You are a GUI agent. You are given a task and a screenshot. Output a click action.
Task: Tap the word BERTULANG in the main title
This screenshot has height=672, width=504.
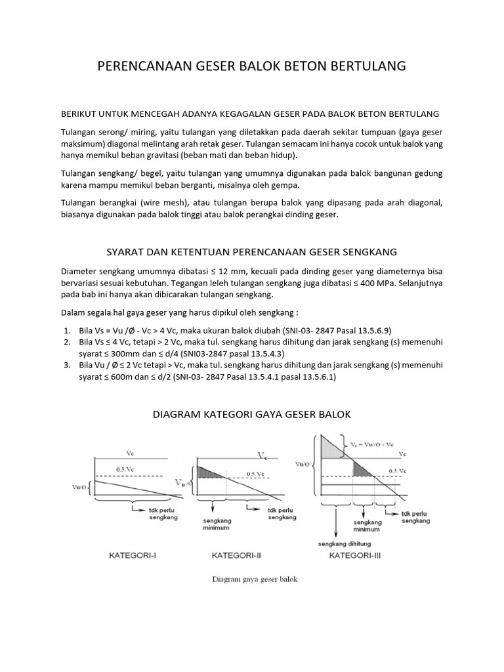[365, 66]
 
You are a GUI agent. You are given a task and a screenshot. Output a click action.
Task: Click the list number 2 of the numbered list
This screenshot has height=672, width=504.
[68, 342]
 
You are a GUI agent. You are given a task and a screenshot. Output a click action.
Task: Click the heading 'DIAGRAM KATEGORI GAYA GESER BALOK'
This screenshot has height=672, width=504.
[252, 415]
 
